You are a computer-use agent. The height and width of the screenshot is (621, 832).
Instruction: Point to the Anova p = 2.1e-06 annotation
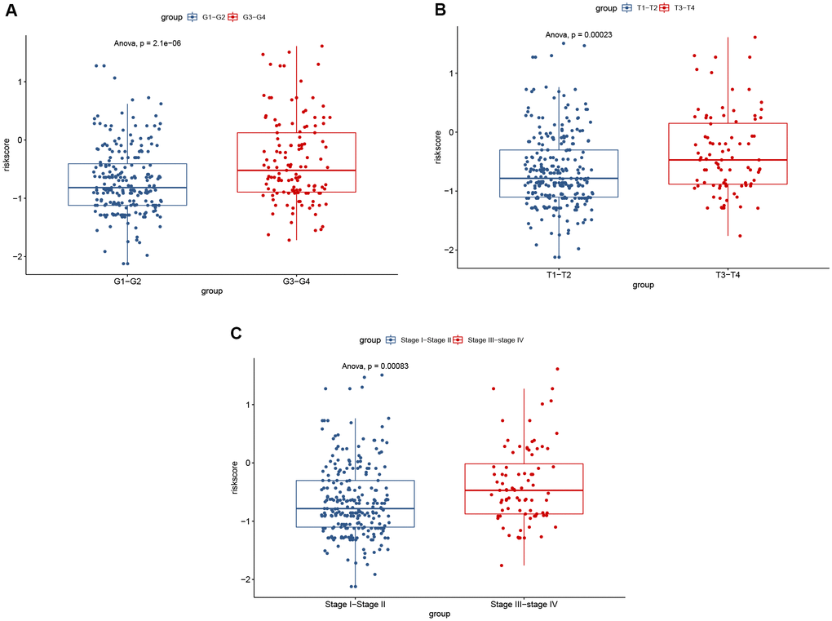pos(147,42)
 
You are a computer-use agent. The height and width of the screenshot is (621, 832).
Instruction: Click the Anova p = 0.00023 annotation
pos(579,34)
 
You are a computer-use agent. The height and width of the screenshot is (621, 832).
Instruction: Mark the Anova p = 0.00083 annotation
pos(375,366)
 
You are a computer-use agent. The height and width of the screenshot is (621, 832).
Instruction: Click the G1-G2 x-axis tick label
pos(127,282)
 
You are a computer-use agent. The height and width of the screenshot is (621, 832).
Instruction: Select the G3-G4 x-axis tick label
pos(296,282)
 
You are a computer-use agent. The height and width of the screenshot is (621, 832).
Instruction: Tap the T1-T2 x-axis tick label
pos(560,275)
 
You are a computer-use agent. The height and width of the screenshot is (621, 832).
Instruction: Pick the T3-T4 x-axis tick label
pos(728,275)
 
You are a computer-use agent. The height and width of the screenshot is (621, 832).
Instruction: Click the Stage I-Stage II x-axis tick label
pos(355,604)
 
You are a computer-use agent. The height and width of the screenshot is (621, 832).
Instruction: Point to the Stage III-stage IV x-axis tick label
pos(524,604)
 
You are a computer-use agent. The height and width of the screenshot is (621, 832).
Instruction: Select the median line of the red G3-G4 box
pos(296,171)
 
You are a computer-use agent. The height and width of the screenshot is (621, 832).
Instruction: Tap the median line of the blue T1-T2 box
pos(560,178)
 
